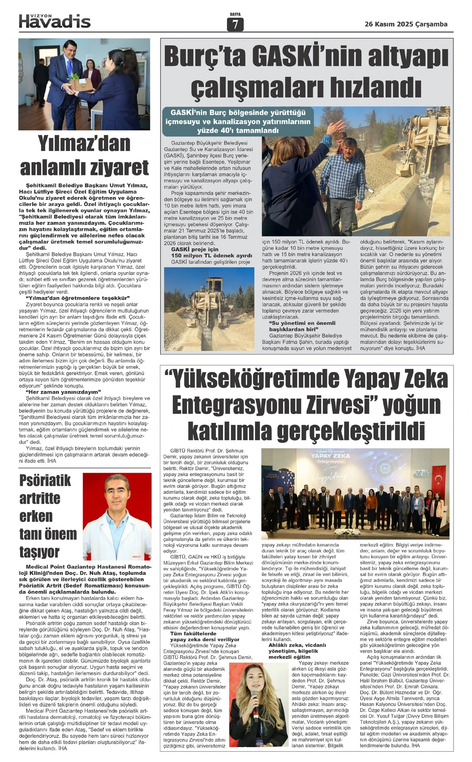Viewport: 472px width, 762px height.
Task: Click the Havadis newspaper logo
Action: tap(55, 21)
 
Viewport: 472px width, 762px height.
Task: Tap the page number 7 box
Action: tap(235, 25)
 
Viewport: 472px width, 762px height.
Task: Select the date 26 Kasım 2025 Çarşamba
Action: tap(406, 24)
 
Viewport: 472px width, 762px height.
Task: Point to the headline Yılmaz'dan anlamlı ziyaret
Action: tap(84, 156)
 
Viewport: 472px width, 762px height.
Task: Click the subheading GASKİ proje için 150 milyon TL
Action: tap(211, 252)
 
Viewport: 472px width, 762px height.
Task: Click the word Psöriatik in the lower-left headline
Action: tap(45, 480)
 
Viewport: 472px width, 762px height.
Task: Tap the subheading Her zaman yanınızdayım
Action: tap(63, 392)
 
